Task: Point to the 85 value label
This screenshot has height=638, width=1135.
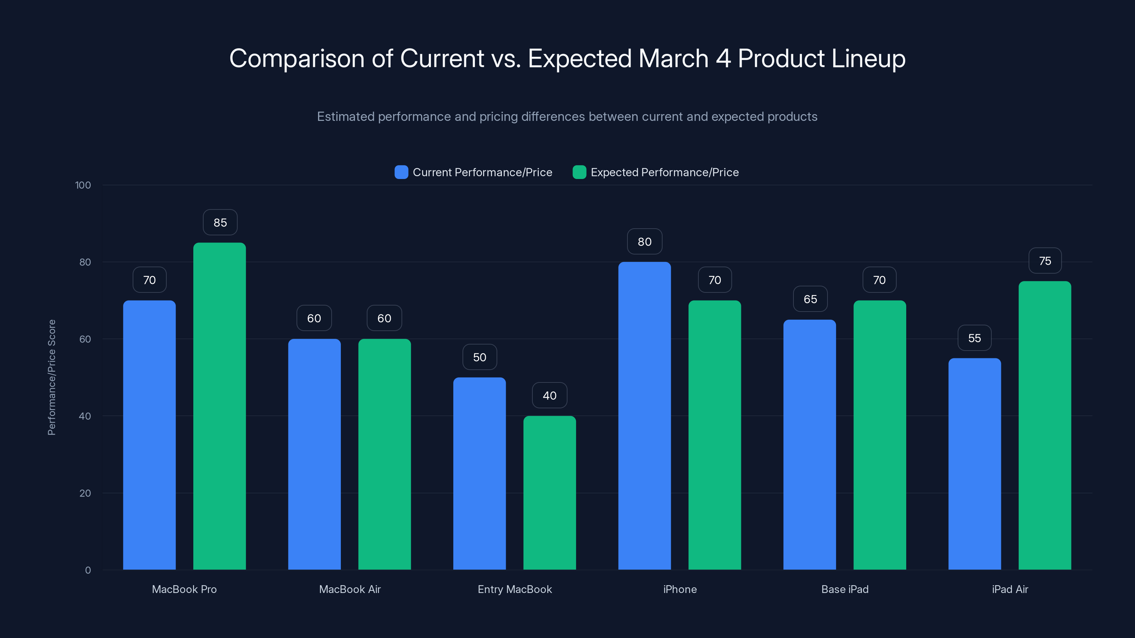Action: click(220, 222)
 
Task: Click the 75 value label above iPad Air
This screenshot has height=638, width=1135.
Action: click(1045, 261)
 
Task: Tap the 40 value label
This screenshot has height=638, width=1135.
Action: click(549, 396)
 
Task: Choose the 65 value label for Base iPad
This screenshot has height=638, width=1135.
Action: click(810, 299)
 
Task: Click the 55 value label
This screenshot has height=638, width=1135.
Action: click(974, 338)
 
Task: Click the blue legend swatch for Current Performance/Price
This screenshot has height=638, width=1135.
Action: click(401, 172)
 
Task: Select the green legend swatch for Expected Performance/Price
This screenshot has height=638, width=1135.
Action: click(579, 172)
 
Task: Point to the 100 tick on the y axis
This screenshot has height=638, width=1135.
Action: click(83, 185)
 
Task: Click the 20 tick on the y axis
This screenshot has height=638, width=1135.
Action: click(85, 493)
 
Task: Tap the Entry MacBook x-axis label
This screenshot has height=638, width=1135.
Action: click(515, 589)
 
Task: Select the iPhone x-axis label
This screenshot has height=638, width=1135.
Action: click(680, 589)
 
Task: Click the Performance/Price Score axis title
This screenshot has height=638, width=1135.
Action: click(51, 377)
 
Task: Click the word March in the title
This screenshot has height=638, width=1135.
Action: click(673, 58)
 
